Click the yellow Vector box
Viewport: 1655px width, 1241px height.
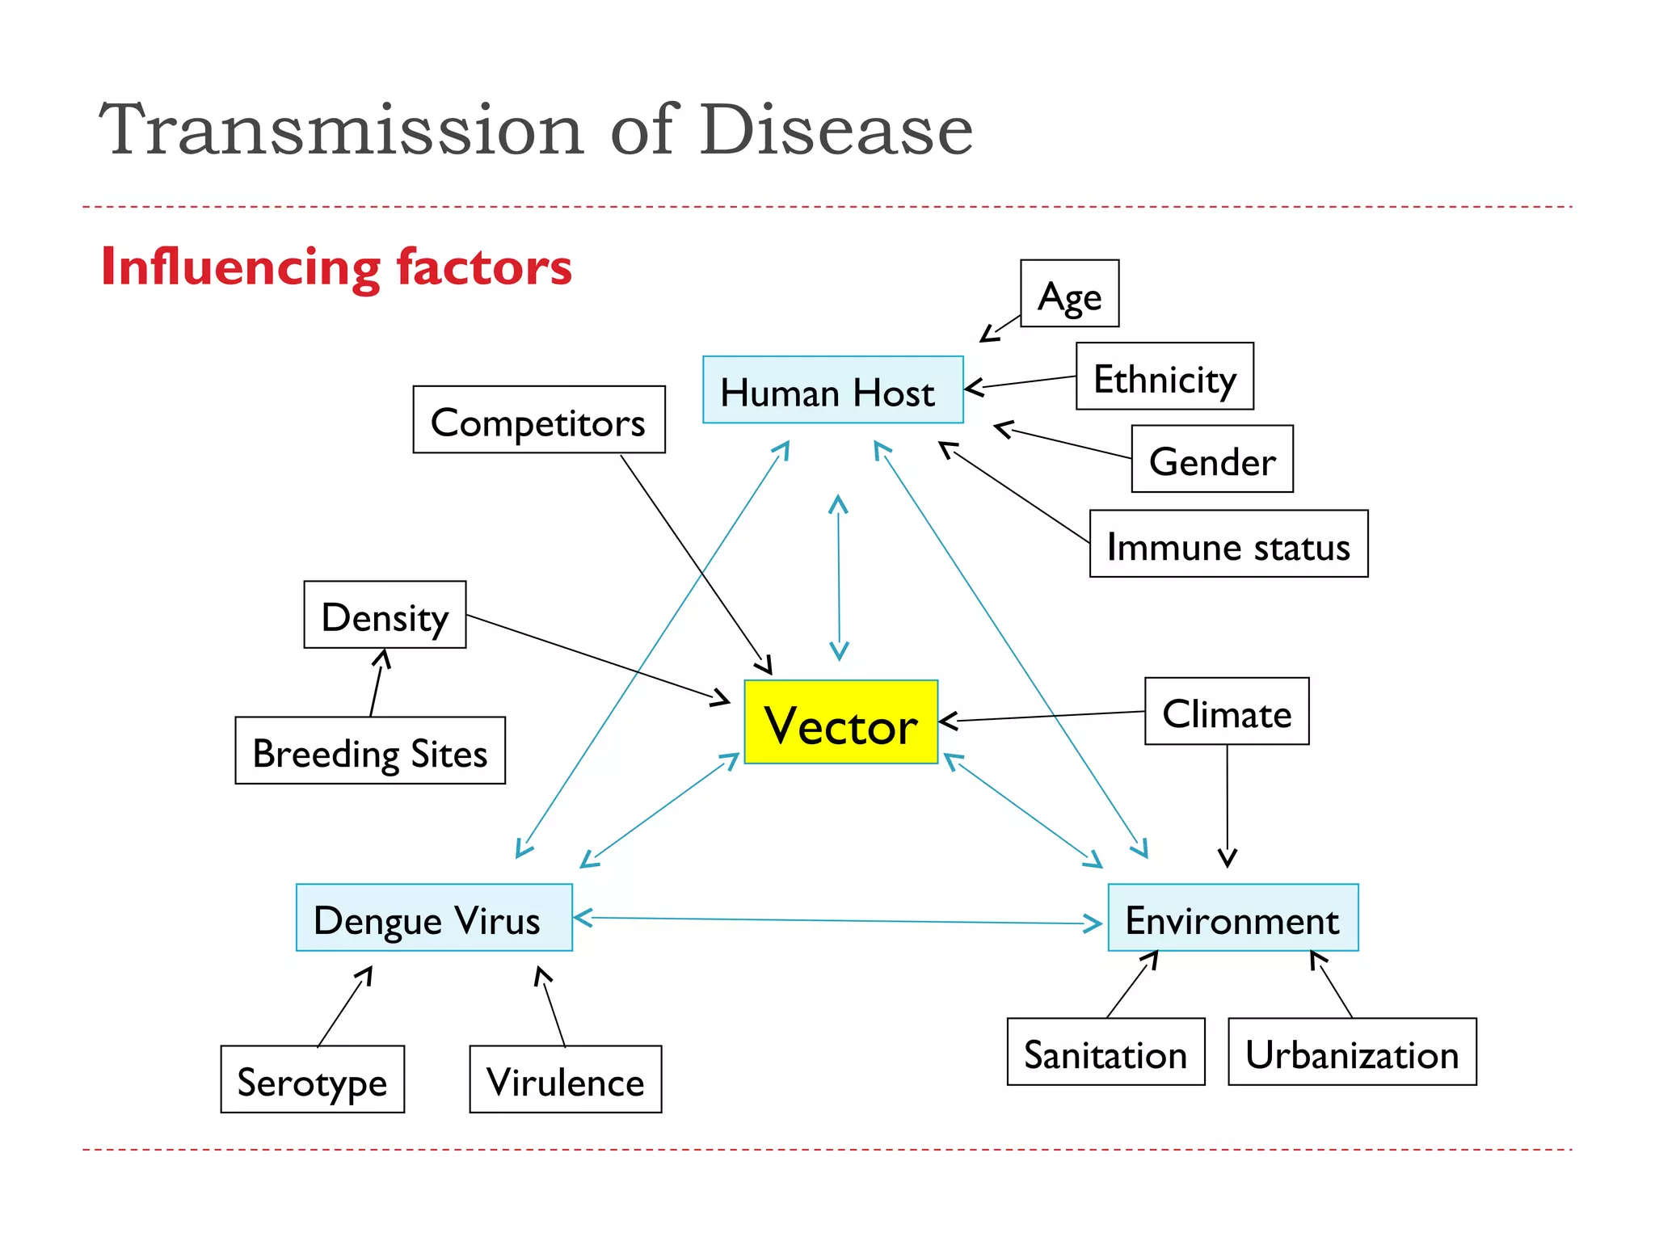pyautogui.click(x=840, y=721)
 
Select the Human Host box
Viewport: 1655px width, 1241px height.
pyautogui.click(x=832, y=389)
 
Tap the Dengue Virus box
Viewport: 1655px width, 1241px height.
pyautogui.click(x=434, y=918)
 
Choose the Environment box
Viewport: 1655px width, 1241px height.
pyautogui.click(x=1232, y=918)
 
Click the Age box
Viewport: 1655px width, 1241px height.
pyautogui.click(x=1069, y=293)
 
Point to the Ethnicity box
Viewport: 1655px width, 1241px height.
pyautogui.click(x=1164, y=377)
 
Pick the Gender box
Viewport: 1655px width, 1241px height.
pyautogui.click(x=1211, y=459)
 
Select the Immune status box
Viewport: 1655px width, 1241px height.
pyautogui.click(x=1228, y=544)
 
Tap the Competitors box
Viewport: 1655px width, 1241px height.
pyautogui.click(x=539, y=419)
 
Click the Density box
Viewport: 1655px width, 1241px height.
pyautogui.click(x=385, y=615)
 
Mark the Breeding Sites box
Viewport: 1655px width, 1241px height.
pyautogui.click(x=370, y=751)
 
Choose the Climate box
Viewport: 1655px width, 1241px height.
pyautogui.click(x=1227, y=711)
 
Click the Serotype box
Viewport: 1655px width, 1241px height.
pyautogui.click(x=312, y=1079)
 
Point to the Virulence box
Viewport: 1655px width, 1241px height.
pyautogui.click(x=565, y=1079)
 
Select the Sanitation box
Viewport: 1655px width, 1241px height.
pyautogui.click(x=1105, y=1052)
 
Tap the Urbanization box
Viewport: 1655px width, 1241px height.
pyautogui.click(x=1352, y=1052)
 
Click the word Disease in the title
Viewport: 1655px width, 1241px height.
pyautogui.click(x=836, y=129)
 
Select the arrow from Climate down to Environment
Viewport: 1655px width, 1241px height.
pyautogui.click(x=1228, y=808)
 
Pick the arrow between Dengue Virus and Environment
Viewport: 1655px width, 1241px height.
pyautogui.click(x=839, y=920)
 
